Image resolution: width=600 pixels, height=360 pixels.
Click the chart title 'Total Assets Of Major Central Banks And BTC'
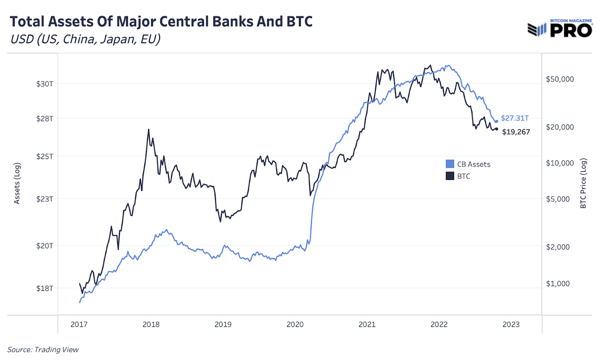(x=161, y=21)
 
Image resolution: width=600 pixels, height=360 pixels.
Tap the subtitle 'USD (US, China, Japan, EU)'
(x=85, y=39)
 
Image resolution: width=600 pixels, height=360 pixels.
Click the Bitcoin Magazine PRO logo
(x=560, y=29)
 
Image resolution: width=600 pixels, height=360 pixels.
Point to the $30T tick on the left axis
(x=45, y=84)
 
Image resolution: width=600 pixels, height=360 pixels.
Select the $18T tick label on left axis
(x=45, y=289)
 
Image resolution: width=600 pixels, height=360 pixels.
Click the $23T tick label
(x=45, y=199)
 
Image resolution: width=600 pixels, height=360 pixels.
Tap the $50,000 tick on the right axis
(x=560, y=79)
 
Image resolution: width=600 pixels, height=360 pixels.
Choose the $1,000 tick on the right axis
(x=558, y=284)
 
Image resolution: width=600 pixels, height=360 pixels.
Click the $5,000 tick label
(x=558, y=199)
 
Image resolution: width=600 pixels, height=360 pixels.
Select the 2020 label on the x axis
(x=295, y=324)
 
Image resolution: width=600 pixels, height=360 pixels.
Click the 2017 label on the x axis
(x=79, y=324)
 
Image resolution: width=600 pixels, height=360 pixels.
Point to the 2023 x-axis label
(x=511, y=324)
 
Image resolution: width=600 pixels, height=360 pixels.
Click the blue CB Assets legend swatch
(x=450, y=164)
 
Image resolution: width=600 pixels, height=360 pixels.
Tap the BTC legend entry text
(x=464, y=176)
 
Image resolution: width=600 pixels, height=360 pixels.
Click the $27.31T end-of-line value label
(x=515, y=118)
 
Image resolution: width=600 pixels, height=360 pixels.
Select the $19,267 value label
(x=516, y=132)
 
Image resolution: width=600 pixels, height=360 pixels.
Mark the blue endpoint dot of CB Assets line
(x=496, y=121)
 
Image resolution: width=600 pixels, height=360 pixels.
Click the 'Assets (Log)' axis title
(x=17, y=184)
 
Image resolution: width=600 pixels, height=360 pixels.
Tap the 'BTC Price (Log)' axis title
(x=583, y=184)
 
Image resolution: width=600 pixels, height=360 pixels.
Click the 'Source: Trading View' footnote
(x=43, y=350)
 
